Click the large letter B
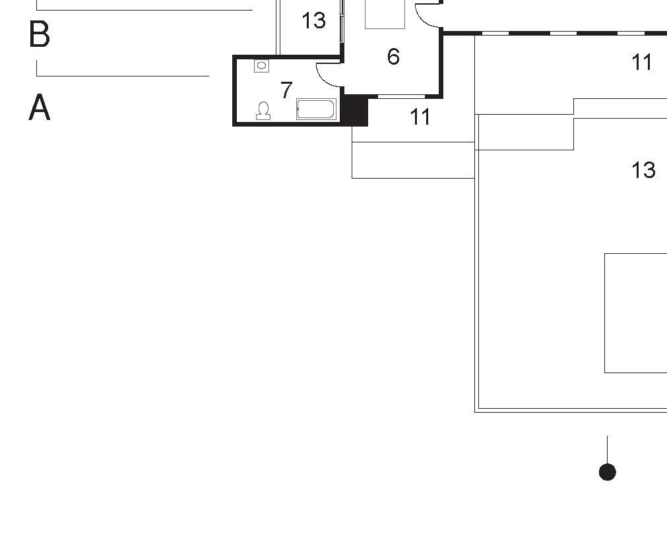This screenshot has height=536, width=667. point(40,34)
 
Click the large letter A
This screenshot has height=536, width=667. point(40,107)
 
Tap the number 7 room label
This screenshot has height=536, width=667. point(286,90)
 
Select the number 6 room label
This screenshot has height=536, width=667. point(393,57)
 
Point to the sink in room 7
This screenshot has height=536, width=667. point(262,66)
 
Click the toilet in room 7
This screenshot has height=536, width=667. point(264,111)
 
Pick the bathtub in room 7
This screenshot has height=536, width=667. point(317,109)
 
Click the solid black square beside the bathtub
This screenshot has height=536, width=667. point(355,111)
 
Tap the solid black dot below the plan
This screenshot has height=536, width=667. point(607,472)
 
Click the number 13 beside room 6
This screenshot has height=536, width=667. point(313,21)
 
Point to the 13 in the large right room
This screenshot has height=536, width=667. point(643,171)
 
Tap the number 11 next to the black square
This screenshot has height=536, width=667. point(420,117)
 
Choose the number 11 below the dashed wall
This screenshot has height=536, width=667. point(642,63)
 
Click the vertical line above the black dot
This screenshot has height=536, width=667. point(607,449)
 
